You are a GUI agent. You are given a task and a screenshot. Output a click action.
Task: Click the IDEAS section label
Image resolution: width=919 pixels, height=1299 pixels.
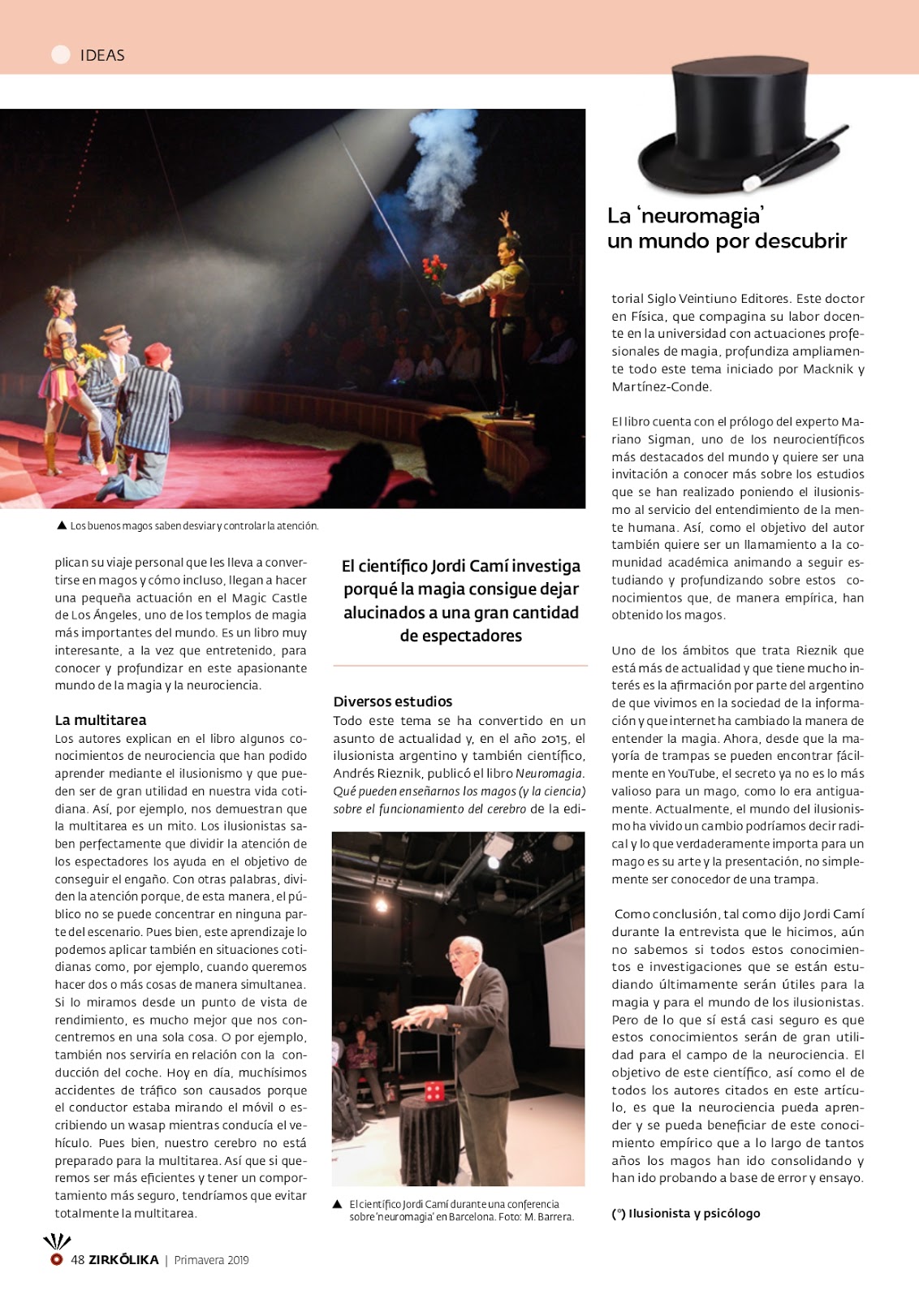(x=102, y=55)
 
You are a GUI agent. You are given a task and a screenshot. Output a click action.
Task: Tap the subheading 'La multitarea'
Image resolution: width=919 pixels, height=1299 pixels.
(x=101, y=720)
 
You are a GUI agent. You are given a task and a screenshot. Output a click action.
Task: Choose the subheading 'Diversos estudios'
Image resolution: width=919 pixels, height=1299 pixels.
(x=393, y=701)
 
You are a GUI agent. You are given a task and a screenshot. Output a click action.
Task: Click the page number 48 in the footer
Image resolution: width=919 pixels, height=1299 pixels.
(x=78, y=1260)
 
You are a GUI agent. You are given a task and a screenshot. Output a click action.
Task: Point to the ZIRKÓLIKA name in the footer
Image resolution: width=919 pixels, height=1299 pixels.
(x=124, y=1260)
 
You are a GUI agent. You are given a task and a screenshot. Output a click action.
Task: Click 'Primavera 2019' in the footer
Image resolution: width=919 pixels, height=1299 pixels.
(x=211, y=1260)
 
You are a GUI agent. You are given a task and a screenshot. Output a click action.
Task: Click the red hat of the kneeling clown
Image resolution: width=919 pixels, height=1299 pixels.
(x=156, y=353)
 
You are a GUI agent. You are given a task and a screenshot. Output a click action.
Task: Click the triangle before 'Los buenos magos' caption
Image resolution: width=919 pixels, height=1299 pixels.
(x=62, y=525)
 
